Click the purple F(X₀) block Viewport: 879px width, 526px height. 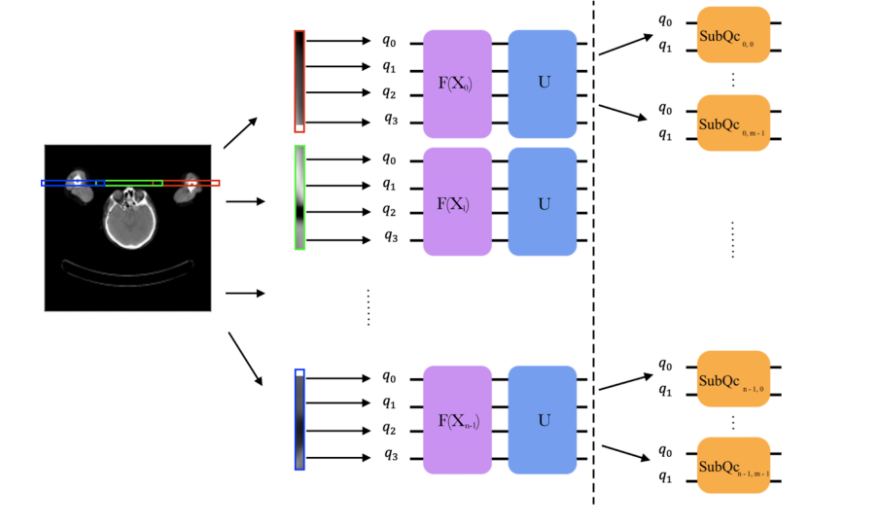pos(457,83)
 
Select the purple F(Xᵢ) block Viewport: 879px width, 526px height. pos(457,203)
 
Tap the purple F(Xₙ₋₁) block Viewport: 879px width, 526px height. pos(457,420)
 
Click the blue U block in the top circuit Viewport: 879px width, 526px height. pos(543,83)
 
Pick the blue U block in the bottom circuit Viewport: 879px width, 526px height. pos(543,420)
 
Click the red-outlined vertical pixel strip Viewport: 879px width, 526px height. pos(299,82)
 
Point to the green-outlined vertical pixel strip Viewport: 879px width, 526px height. pos(299,197)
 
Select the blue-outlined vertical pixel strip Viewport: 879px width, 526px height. pos(299,419)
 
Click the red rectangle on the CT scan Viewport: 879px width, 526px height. pos(191,183)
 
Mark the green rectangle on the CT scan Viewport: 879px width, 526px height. pos(133,183)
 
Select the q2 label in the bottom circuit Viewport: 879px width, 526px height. pos(389,428)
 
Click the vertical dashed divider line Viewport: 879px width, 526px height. pos(594,263)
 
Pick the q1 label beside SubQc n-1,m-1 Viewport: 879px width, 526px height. pos(665,476)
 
